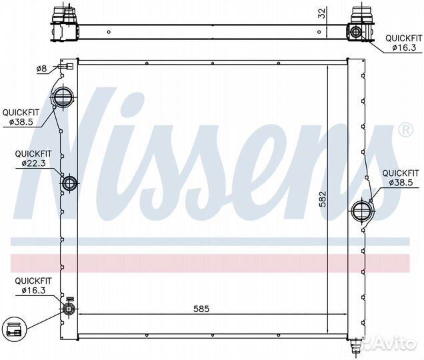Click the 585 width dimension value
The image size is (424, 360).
pos(201,309)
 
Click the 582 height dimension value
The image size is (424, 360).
pos(323,199)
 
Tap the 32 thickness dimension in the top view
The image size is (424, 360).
pos(322,13)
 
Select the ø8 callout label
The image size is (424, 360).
pos(41,69)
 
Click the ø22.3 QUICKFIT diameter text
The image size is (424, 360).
pos(33,163)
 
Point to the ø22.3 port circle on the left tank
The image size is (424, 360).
pos(70,183)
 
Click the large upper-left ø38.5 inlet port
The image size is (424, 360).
pos(63,97)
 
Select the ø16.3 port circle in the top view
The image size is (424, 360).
pos(355,32)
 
